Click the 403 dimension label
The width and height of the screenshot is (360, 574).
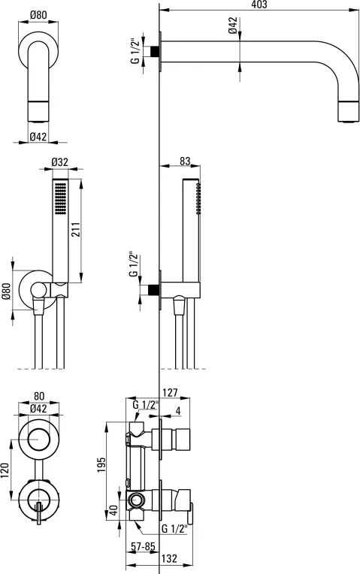(x=259, y=5)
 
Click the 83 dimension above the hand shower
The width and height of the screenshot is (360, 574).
(x=186, y=161)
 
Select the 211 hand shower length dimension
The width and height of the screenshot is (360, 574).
(x=75, y=230)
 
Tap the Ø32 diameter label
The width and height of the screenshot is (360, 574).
(x=59, y=162)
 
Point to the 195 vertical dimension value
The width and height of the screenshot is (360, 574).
(x=101, y=464)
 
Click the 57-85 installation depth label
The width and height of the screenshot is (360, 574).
(x=144, y=546)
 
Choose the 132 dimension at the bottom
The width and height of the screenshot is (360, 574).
(x=169, y=558)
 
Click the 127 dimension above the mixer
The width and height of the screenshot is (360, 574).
(x=171, y=393)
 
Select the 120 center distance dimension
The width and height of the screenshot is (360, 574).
(x=5, y=471)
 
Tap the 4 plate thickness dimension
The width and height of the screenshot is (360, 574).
(x=178, y=410)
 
